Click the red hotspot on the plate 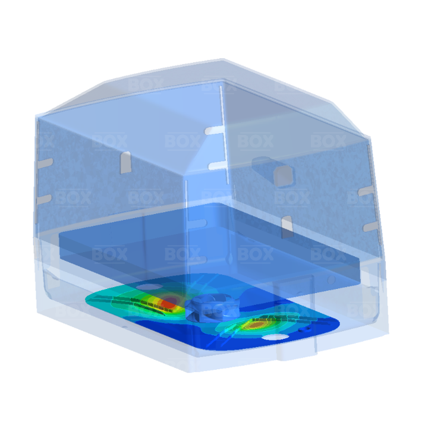169,303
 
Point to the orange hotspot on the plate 257,325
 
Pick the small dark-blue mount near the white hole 304,329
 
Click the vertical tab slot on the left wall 125,162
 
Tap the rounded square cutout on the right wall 284,175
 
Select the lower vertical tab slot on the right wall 287,226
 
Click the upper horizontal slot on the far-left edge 45,163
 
